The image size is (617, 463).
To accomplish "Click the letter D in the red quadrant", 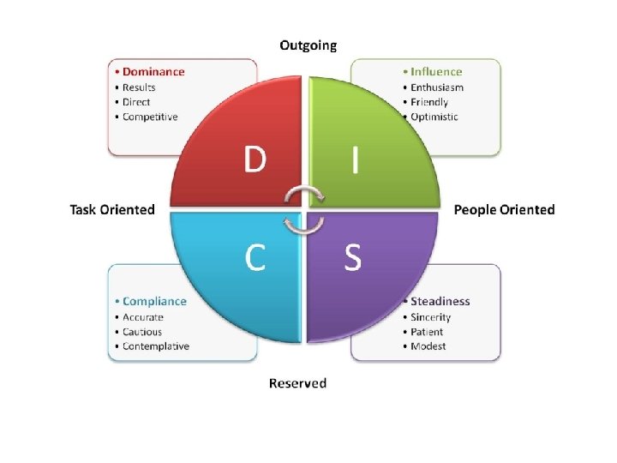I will click(255, 159).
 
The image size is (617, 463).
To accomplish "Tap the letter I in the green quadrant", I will click(354, 159).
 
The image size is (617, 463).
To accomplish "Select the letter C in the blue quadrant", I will click(255, 256).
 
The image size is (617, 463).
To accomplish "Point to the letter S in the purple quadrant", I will click(353, 256).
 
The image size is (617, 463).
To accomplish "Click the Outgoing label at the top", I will click(308, 45).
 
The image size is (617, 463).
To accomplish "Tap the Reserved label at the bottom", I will click(297, 382).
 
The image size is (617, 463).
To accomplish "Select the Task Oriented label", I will click(112, 209).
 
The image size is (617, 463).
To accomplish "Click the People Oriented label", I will click(504, 209).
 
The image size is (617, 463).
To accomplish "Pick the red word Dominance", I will click(153, 72).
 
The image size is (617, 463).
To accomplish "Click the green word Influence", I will click(436, 72).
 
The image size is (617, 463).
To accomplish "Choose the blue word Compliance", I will click(154, 301).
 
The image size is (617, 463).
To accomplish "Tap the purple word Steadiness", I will click(440, 301).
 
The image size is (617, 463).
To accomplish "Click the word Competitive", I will click(150, 117).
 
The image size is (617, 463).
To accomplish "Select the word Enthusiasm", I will click(437, 87).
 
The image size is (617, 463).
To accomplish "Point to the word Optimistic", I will click(434, 117).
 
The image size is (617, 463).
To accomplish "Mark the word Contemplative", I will click(156, 346).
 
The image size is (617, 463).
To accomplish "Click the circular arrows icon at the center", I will click(305, 209).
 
